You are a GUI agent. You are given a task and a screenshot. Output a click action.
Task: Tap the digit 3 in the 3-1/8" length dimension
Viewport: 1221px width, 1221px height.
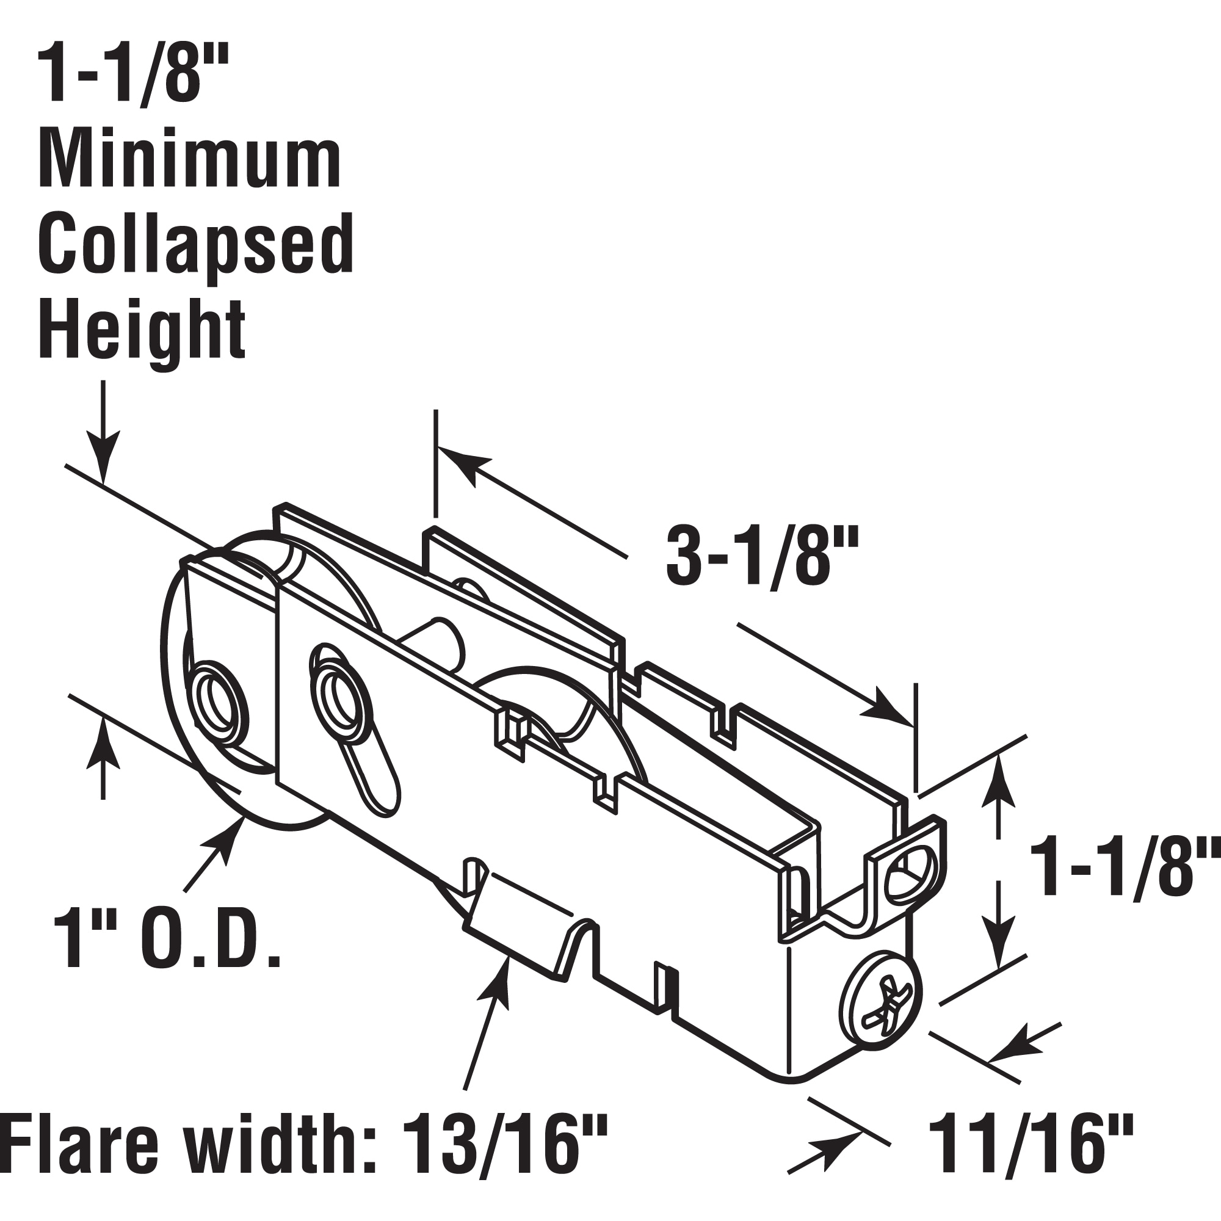pyautogui.click(x=686, y=558)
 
